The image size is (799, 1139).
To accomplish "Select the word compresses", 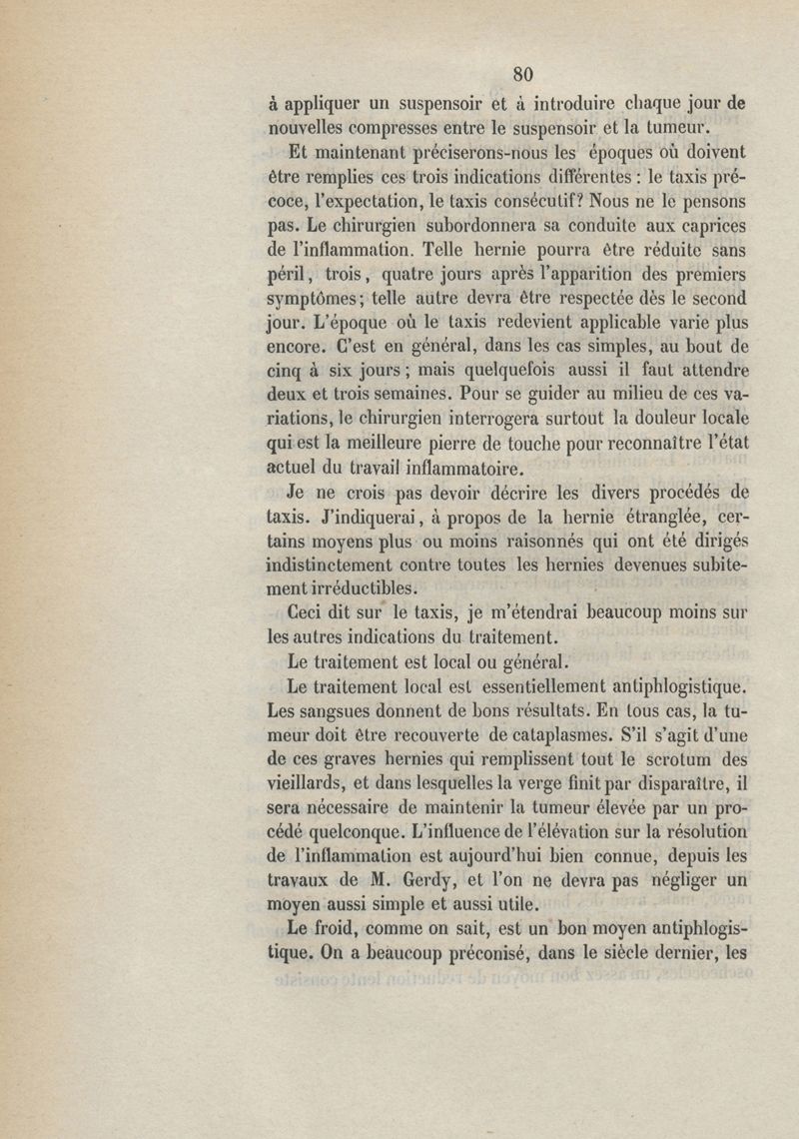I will tap(391, 127).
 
